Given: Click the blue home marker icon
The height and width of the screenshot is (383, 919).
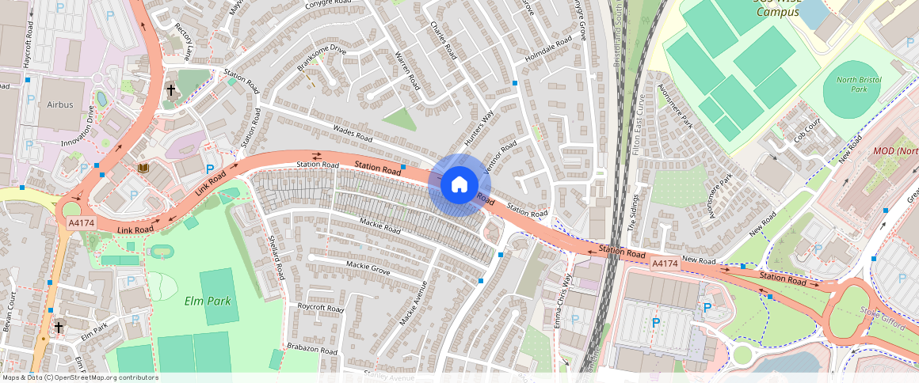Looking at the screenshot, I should pos(459,184).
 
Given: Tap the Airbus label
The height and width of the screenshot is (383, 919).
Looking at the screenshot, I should pos(59,104).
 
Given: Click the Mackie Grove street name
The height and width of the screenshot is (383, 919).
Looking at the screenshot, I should pos(368,266).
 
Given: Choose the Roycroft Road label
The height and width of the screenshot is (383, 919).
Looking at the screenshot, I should pos(320,307).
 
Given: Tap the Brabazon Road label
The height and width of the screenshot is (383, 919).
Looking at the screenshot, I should pos(312,348).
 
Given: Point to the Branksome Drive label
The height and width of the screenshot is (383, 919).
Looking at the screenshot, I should pos(322,59).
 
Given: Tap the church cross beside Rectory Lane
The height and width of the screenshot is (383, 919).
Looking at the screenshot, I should pos(170,90).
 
